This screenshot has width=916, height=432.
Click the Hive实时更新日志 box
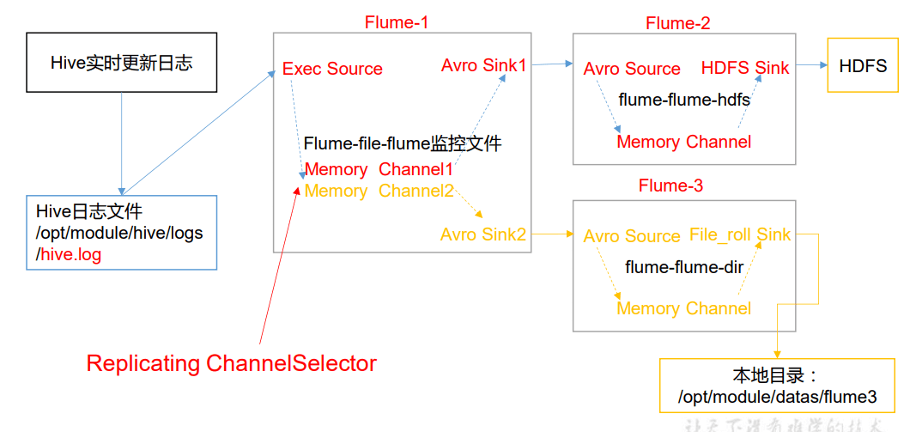[121, 63]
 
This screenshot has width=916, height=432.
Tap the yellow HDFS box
[863, 65]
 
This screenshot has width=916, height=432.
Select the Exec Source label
[332, 69]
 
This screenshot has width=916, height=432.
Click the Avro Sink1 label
[484, 65]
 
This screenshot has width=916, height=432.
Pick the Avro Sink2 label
[483, 234]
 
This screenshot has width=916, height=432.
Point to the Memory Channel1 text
[379, 169]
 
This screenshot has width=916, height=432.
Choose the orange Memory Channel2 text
[379, 191]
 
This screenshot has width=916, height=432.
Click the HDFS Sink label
[745, 68]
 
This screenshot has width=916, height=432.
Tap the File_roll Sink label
[740, 234]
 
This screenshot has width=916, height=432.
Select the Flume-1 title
[397, 22]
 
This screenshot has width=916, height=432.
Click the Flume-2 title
[678, 23]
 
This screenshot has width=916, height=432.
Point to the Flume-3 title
[671, 186]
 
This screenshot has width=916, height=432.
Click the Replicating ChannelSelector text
[232, 363]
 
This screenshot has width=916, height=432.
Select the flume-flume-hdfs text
[684, 100]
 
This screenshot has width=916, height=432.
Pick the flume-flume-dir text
[684, 267]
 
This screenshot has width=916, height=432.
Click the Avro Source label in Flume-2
[632, 69]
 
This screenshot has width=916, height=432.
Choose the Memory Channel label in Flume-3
[684, 308]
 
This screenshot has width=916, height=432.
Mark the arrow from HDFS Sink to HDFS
[809, 65]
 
